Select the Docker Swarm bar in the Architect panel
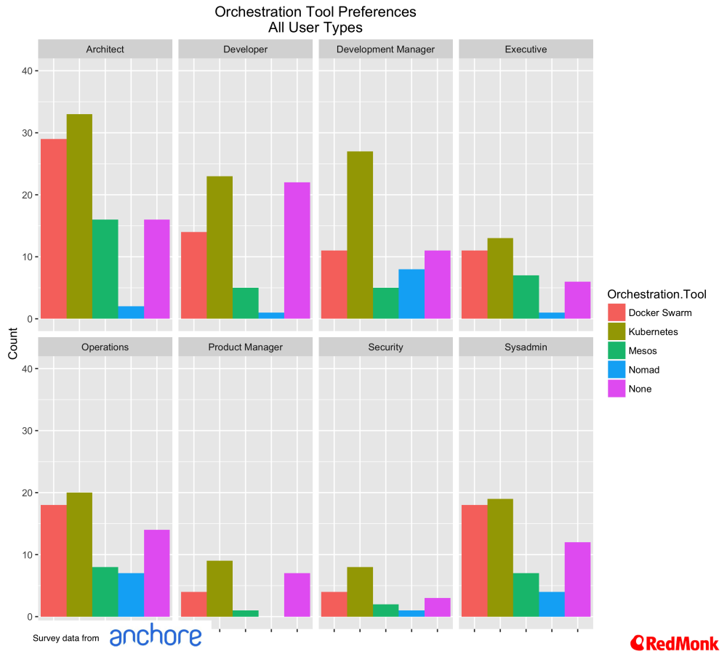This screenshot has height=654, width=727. [x=53, y=228]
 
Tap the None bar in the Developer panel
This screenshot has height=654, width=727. [x=297, y=250]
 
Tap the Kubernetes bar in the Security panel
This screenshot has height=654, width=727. [x=360, y=592]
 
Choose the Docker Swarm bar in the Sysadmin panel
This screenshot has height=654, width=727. [x=473, y=560]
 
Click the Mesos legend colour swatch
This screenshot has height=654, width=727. [x=616, y=350]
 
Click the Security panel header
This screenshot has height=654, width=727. [x=385, y=347]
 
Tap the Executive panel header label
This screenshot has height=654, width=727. [x=526, y=49]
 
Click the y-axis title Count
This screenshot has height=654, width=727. [x=13, y=344]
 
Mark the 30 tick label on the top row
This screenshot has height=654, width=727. [x=25, y=133]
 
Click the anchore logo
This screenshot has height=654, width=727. [x=156, y=637]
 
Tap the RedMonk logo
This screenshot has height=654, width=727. [x=675, y=642]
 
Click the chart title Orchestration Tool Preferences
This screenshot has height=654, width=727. [x=316, y=12]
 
